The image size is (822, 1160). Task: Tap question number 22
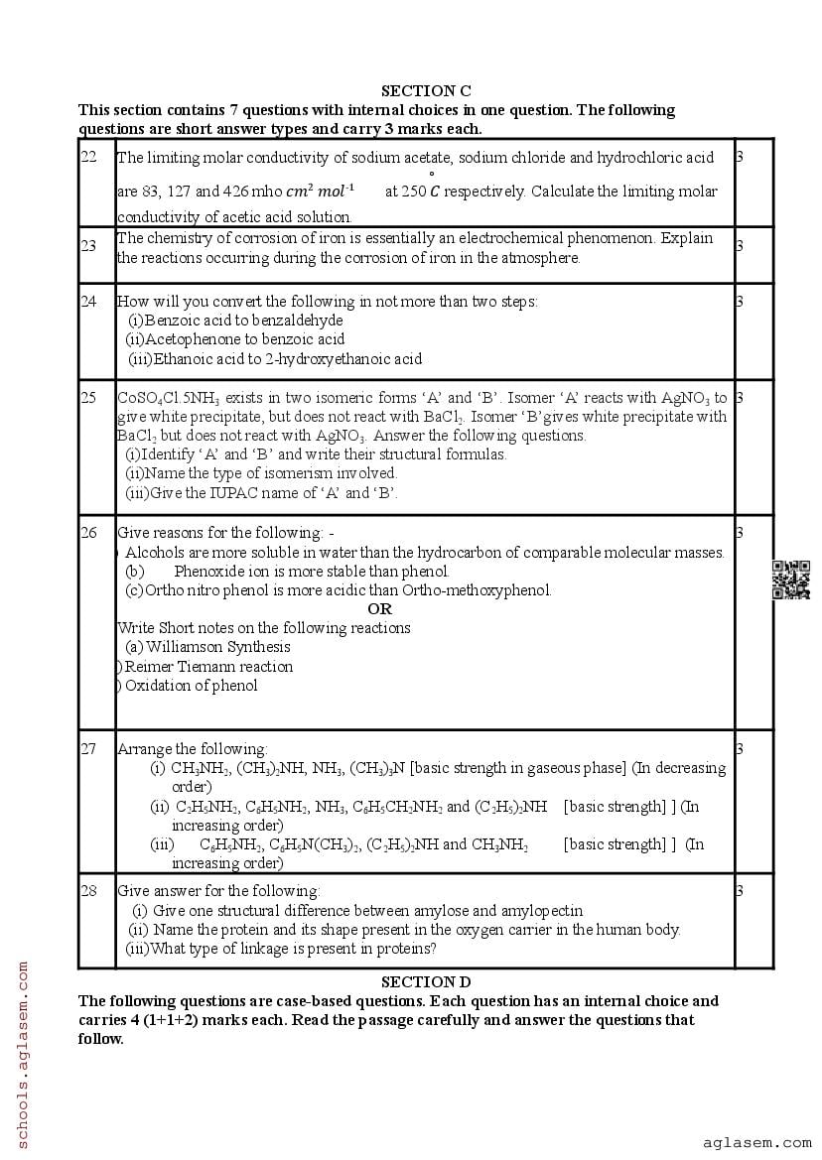click(88, 157)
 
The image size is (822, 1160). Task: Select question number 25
click(88, 398)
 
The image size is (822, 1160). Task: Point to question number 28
click(88, 891)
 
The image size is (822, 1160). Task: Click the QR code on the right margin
click(791, 580)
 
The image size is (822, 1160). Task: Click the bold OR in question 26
click(379, 609)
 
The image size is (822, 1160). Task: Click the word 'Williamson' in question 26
click(184, 647)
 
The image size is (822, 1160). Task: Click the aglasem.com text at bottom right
click(756, 1143)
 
